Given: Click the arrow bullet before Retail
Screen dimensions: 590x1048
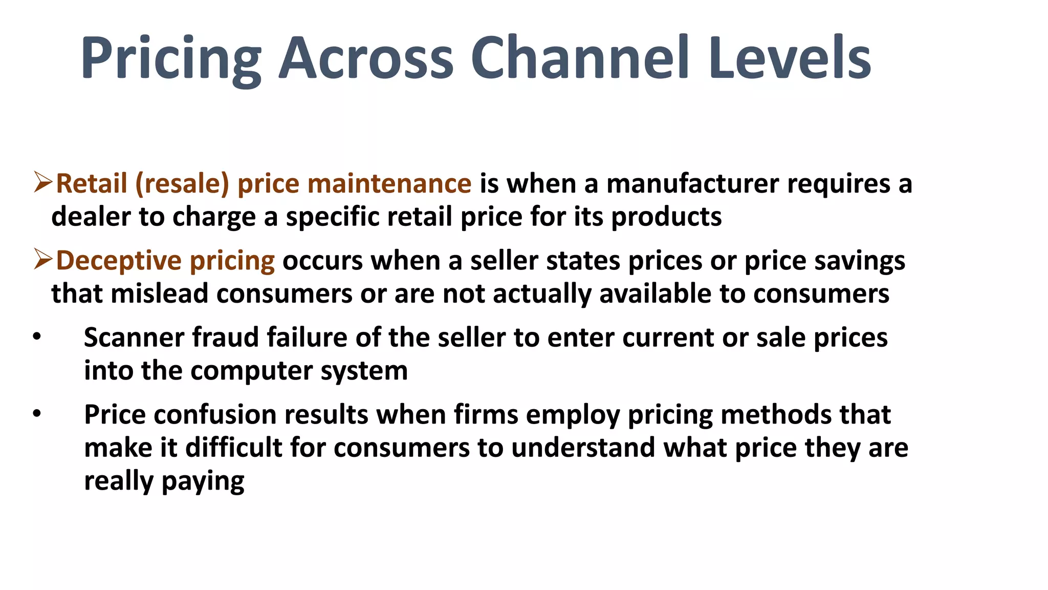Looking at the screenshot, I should tap(43, 183).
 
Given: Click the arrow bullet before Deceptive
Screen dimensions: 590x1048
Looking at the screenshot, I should tap(43, 260).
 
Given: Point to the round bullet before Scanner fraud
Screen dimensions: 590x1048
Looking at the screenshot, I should tap(36, 337).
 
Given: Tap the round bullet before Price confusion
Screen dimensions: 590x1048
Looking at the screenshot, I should tap(36, 414).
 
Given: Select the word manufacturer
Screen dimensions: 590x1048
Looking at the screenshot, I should tap(693, 183).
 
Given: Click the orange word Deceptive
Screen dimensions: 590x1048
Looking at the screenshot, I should tap(119, 261).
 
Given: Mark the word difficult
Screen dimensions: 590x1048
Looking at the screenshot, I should tap(233, 448).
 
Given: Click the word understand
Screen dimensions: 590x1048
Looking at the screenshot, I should tap(583, 448).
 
